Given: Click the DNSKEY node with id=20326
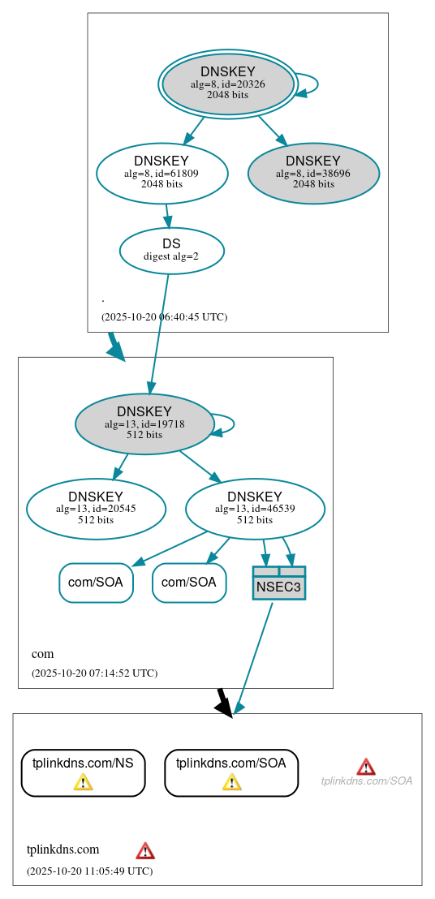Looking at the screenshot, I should [x=228, y=84].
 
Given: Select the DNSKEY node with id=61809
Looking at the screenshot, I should [x=162, y=173].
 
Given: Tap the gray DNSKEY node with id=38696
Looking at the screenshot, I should [x=313, y=173].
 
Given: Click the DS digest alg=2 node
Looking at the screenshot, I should [x=171, y=250].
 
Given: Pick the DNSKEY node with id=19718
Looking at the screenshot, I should [x=144, y=424].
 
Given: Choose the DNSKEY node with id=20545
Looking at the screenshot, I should [x=96, y=509].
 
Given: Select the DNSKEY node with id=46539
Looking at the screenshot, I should [x=255, y=509].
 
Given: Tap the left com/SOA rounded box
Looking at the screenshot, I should [x=96, y=583].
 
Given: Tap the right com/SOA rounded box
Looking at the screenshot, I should [x=189, y=583].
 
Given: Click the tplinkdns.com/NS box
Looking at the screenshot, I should [x=83, y=772].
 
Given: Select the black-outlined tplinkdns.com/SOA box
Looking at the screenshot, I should [x=231, y=772].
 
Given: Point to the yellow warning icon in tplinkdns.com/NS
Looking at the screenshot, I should [x=83, y=781].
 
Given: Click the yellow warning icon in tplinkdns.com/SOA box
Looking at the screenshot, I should [x=231, y=781].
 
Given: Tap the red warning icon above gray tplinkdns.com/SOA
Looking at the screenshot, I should [x=366, y=767].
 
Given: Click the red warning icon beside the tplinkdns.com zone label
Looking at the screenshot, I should [x=145, y=850].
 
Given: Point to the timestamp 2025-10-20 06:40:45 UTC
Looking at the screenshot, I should [x=164, y=317].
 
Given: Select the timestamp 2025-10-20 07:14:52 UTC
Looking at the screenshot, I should [x=94, y=673].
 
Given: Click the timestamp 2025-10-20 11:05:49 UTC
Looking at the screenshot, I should [x=89, y=871].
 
